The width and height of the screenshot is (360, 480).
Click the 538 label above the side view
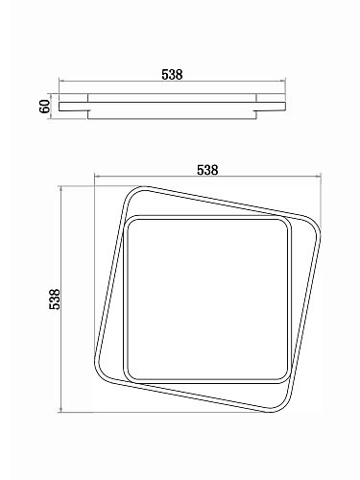tap(172, 74)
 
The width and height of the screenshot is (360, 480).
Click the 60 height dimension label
tap(45, 107)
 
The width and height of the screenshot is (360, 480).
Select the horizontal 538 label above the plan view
tap(207, 170)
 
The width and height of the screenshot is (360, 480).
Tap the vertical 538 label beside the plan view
tap(55, 300)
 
